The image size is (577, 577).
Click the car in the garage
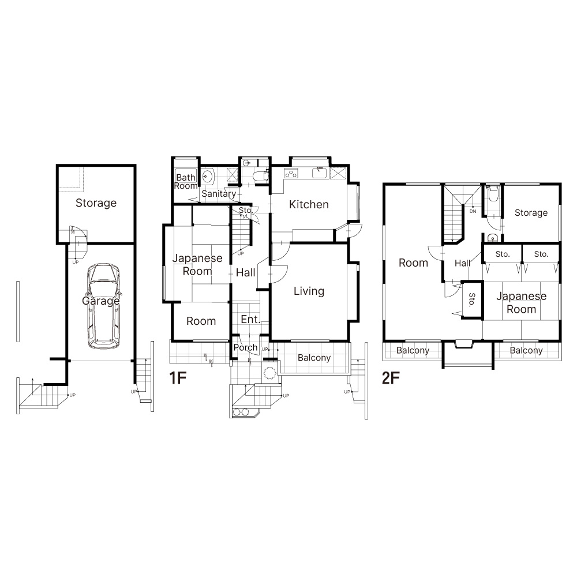[x=104, y=306]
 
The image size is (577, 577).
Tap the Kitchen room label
[x=309, y=205]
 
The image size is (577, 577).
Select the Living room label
[x=309, y=291]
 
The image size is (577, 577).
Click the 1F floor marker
[x=178, y=378]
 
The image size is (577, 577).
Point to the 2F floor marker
[x=391, y=378]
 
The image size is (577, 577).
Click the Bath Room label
[x=186, y=182]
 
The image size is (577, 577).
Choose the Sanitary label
[x=219, y=194]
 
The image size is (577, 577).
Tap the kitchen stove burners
[x=291, y=173]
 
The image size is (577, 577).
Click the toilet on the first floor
[x=261, y=177]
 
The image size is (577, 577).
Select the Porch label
[x=245, y=348]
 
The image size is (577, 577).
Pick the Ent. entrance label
[x=250, y=320]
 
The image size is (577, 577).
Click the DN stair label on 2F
[x=473, y=211]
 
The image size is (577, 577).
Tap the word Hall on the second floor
[x=463, y=263]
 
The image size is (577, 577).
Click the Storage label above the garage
[x=96, y=203]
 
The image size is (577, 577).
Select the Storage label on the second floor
[x=531, y=213]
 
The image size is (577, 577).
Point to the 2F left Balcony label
[x=413, y=350]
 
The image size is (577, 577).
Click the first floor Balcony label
[x=314, y=358]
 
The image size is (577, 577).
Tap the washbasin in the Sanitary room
[x=208, y=176]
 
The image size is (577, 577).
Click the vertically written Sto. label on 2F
[x=472, y=300]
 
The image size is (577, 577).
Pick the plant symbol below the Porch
[x=269, y=373]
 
